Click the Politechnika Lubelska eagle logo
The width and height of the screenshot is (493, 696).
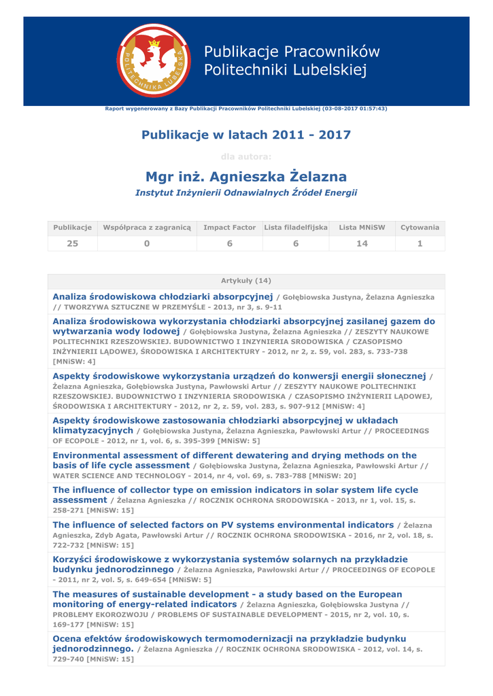pyautogui.click(x=154, y=60)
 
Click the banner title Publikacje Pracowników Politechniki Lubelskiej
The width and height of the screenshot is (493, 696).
pyautogui.click(x=292, y=60)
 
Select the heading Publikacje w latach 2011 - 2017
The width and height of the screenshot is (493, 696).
pyautogui.click(x=246, y=135)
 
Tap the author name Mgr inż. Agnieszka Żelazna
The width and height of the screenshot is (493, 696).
pyautogui.click(x=246, y=177)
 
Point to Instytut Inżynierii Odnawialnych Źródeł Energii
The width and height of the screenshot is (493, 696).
pyautogui.click(x=246, y=193)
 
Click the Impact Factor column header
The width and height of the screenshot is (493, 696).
pyautogui.click(x=229, y=227)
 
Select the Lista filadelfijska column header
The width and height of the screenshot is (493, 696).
pyautogui.click(x=296, y=227)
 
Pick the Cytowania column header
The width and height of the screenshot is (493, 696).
pyautogui.click(x=420, y=227)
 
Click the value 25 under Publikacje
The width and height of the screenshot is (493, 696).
pyautogui.click(x=72, y=243)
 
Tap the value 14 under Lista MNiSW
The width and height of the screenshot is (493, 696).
pyautogui.click(x=362, y=243)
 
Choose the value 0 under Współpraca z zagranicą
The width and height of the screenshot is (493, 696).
pyautogui.click(x=147, y=243)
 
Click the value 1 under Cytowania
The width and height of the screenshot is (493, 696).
pyautogui.click(x=420, y=243)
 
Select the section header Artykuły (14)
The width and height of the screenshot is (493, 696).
pyautogui.click(x=246, y=281)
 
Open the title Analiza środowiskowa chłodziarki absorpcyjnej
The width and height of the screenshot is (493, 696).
pyautogui.click(x=163, y=297)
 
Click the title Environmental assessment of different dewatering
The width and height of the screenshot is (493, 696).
pyautogui.click(x=235, y=455)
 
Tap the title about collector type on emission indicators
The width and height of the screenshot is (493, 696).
pyautogui.click(x=235, y=490)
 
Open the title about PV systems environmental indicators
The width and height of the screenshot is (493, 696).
pyautogui.click(x=223, y=525)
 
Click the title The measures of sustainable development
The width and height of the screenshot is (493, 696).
pyautogui.click(x=227, y=594)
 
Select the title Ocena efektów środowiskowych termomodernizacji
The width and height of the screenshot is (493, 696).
pyautogui.click(x=229, y=639)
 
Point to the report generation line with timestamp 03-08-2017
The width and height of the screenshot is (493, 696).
pyautogui.click(x=246, y=109)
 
